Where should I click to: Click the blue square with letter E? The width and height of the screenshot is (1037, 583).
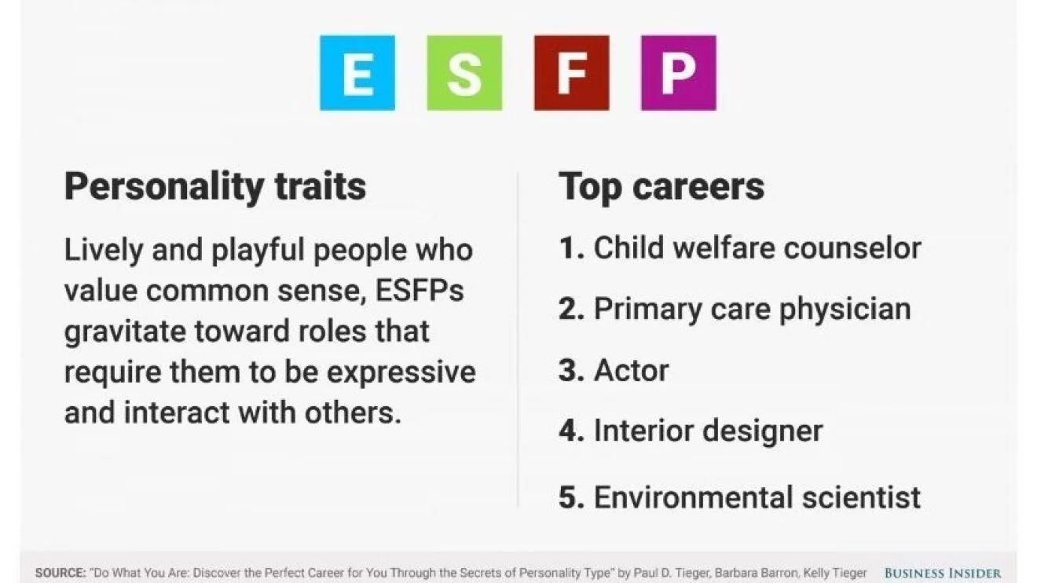[x=357, y=73]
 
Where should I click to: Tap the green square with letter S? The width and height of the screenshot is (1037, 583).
[x=464, y=73]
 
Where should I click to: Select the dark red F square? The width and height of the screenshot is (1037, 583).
[x=572, y=73]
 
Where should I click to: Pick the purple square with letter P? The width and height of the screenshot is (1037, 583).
[x=679, y=73]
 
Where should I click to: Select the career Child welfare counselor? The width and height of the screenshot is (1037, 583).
[x=757, y=248]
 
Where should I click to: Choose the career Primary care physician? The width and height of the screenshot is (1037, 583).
[x=753, y=310]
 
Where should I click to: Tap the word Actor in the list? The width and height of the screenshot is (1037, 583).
[x=632, y=370]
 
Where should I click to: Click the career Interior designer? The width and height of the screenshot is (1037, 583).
[x=709, y=431]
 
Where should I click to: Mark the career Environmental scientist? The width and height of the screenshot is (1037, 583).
[x=757, y=497]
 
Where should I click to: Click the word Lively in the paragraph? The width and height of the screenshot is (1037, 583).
[x=103, y=251]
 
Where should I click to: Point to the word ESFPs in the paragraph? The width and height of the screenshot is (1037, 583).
[x=420, y=291]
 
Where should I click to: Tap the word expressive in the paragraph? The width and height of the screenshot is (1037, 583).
[x=401, y=372]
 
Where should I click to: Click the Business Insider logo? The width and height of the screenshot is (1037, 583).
[x=943, y=574]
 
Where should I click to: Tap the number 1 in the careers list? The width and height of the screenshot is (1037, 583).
[x=568, y=248]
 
